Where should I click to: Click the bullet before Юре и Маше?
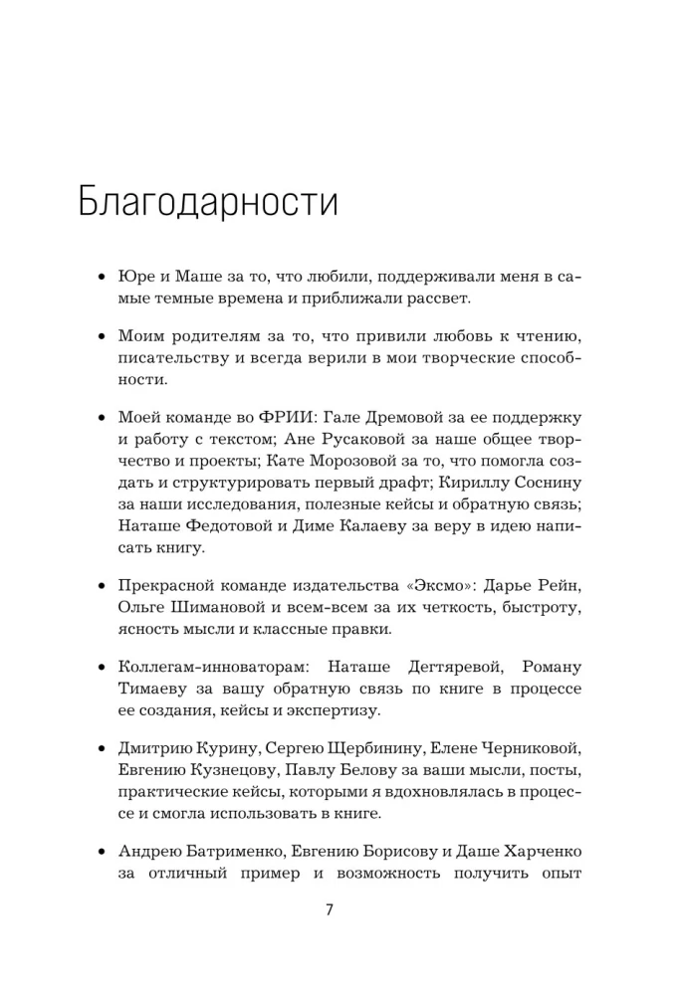coord(100,275)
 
